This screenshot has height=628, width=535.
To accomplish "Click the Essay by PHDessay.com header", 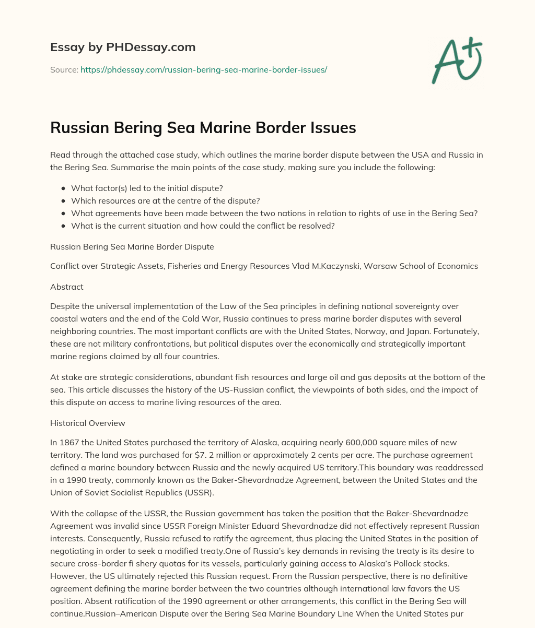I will point(123,48).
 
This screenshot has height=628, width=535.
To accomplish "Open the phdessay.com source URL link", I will point(203,69).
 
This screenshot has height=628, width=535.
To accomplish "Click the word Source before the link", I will point(64,69).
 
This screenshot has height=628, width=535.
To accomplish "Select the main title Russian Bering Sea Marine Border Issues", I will point(203,127).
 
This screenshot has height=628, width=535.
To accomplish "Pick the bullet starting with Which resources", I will point(166,200).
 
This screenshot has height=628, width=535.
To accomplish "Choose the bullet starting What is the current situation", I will point(203,226).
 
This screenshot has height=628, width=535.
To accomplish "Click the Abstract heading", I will point(66,287).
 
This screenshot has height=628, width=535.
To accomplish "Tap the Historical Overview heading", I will point(87,408).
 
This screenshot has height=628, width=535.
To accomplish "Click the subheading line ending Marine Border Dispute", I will point(132,246).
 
